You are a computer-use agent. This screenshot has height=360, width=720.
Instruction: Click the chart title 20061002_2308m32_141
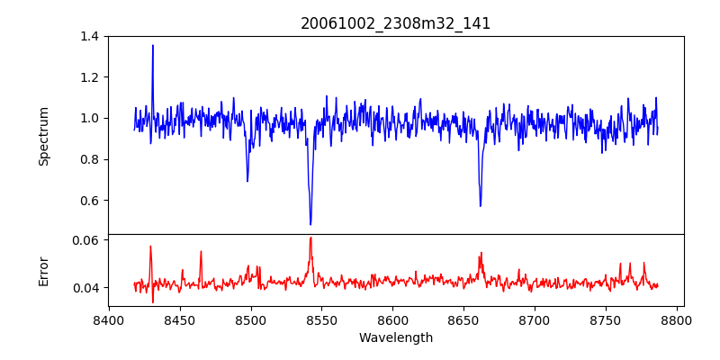tap(395, 23)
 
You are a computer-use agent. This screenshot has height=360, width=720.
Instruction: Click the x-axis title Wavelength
tap(395, 338)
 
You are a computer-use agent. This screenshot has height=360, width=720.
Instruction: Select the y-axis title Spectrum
tap(43, 136)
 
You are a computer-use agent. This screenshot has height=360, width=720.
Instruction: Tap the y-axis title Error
tap(43, 270)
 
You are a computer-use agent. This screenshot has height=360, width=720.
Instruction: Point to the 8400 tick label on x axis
tap(109, 320)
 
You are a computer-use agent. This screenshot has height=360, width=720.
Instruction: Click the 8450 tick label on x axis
tap(180, 320)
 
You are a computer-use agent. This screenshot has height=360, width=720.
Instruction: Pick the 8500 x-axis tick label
tap(251, 320)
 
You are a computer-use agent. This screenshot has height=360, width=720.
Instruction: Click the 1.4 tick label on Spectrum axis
tap(89, 36)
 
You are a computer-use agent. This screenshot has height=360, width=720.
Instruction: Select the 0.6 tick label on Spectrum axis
tap(89, 201)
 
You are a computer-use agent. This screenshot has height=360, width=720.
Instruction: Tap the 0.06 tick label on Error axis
tap(85, 240)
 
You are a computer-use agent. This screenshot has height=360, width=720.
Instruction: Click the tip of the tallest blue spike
tap(153, 45)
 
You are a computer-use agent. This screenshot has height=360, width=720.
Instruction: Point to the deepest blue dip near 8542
tap(310, 224)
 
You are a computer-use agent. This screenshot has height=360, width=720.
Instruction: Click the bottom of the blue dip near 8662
tap(481, 206)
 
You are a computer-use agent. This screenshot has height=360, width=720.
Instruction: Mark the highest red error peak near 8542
tap(310, 238)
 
